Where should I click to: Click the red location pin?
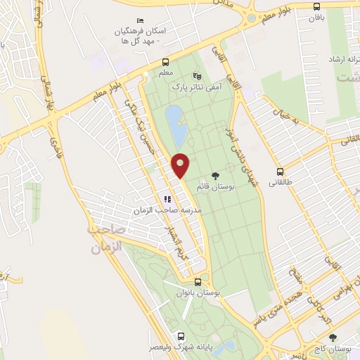(181, 165)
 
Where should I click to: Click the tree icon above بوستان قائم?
(215, 176)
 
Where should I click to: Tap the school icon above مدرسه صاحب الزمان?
(167, 199)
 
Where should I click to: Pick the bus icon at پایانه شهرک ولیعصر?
(181, 336)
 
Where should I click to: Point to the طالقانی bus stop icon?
(281, 171)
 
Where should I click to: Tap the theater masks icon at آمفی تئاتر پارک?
(197, 75)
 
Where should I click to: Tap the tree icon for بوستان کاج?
(333, 337)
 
